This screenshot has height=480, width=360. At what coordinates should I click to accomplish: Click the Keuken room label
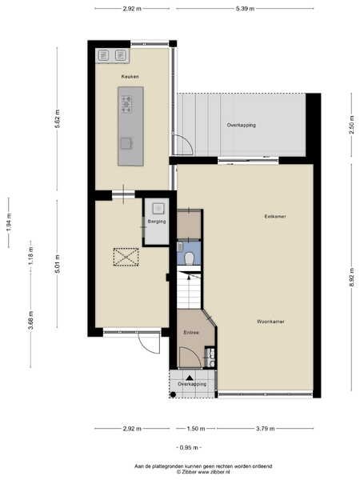[130, 77]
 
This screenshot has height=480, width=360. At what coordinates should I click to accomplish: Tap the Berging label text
[157, 222]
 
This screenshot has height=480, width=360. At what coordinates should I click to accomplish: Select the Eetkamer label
[275, 217]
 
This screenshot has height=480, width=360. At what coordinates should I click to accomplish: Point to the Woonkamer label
[270, 322]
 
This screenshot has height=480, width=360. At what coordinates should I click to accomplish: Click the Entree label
[191, 333]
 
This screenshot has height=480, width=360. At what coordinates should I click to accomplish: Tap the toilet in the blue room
[190, 258]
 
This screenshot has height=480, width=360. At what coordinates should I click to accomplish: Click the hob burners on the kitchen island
[126, 104]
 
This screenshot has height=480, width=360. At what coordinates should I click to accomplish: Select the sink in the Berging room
[158, 209]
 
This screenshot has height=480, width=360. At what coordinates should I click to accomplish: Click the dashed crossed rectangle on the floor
[126, 257]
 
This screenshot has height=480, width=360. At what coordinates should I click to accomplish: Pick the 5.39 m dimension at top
[245, 9]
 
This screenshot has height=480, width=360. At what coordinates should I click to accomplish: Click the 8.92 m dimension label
[352, 278]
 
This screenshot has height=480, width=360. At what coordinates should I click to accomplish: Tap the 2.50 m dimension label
[352, 125]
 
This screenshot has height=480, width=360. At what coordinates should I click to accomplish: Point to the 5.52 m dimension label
[58, 118]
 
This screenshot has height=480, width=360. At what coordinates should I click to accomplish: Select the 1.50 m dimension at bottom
[196, 429]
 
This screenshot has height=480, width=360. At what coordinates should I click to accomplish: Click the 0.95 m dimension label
[189, 447]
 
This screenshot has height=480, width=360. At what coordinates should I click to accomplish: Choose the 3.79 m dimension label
[266, 429]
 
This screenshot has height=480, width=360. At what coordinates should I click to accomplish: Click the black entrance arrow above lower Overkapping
[190, 378]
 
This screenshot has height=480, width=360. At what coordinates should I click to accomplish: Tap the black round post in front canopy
[173, 394]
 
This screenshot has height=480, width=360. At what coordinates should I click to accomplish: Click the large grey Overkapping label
[242, 126]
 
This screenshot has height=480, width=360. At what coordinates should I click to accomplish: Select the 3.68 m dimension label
[30, 321]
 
